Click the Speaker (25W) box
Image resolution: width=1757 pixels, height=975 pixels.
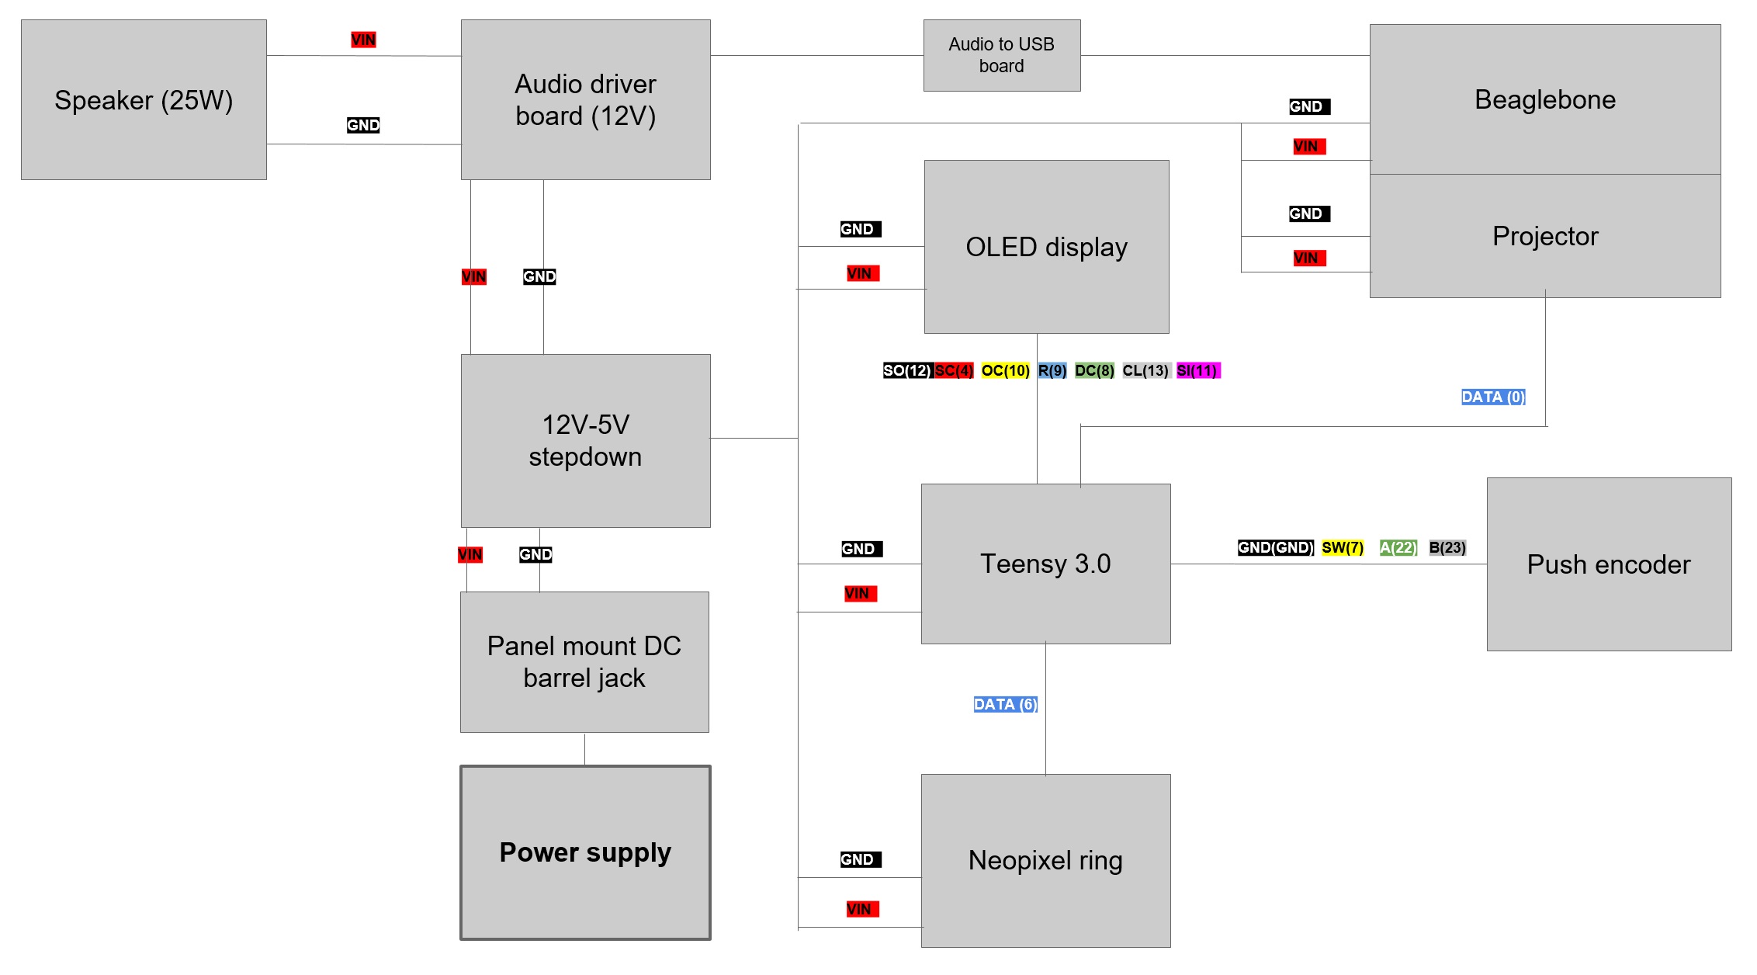click(144, 100)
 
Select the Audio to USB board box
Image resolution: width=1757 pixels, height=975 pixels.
click(1001, 55)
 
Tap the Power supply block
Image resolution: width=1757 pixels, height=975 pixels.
click(585, 852)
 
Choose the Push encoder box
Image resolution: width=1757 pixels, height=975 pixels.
click(1608, 564)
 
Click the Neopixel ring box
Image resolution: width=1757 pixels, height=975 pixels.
click(1045, 860)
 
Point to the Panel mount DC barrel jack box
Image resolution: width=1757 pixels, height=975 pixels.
click(584, 662)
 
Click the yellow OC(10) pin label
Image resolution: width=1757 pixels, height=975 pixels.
click(1005, 370)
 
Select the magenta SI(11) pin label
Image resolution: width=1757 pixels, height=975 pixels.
click(1197, 370)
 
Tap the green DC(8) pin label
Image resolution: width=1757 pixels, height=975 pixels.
click(1094, 370)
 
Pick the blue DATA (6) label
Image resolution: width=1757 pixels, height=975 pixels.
click(1005, 704)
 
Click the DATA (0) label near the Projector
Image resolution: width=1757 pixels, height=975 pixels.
click(1493, 397)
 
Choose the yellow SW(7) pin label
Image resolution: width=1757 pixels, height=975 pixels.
click(1342, 547)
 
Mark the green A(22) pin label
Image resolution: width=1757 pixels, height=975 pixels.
click(1398, 547)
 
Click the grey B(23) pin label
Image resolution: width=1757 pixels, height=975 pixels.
click(1447, 547)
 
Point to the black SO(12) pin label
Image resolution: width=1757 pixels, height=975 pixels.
click(907, 370)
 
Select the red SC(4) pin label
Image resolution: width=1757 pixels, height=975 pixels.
click(954, 370)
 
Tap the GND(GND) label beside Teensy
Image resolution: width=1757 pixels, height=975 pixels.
click(1275, 547)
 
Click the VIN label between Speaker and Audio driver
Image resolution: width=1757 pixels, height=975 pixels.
click(363, 40)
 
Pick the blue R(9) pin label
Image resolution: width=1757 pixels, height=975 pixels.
click(1052, 370)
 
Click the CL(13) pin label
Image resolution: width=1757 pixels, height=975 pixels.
click(1145, 370)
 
